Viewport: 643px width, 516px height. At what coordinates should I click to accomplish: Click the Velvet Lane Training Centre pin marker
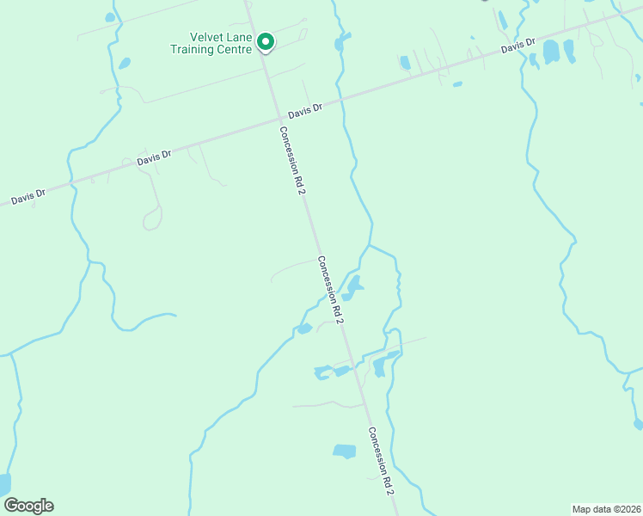tap(266, 42)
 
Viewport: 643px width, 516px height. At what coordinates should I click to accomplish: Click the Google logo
tap(28, 506)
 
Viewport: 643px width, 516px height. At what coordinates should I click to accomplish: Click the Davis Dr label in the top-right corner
tap(518, 45)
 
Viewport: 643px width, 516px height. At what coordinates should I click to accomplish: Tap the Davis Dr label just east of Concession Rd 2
tap(305, 111)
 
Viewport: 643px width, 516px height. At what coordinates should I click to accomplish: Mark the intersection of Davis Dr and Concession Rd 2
tap(280, 120)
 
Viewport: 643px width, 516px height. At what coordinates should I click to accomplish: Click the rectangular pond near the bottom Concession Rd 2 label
tap(344, 451)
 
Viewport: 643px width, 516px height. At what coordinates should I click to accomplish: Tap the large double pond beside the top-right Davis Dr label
tap(551, 52)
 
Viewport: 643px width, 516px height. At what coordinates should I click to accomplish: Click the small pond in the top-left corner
tap(109, 17)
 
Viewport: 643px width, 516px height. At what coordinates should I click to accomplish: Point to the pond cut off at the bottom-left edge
tap(4, 484)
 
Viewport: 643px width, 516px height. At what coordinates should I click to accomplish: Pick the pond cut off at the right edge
tap(638, 423)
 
